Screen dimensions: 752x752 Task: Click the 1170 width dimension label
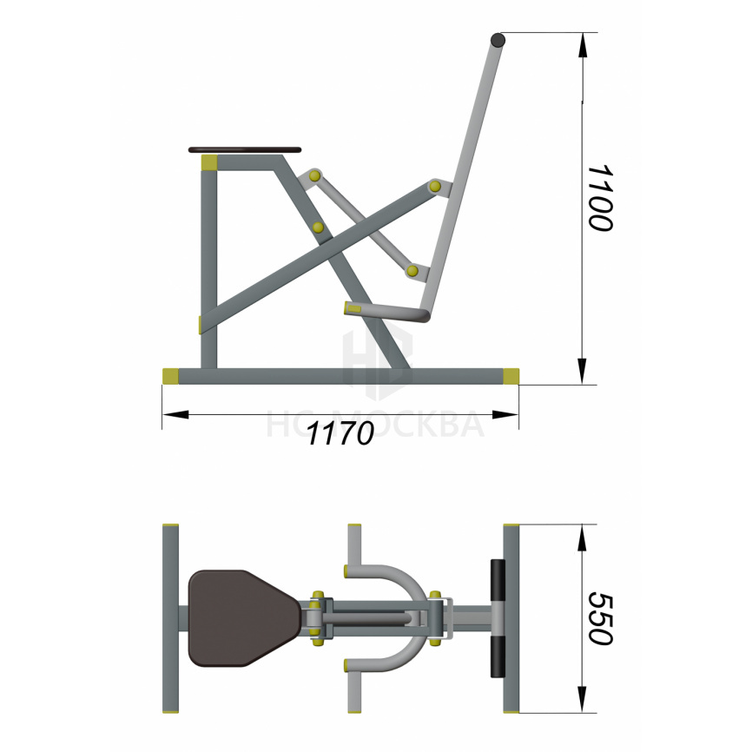[340, 433]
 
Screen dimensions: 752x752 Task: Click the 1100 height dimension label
[600, 198]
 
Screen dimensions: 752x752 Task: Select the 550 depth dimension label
[600, 618]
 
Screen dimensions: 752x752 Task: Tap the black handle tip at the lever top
[498, 39]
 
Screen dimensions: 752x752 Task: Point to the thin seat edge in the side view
[245, 150]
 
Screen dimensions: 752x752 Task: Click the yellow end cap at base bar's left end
[170, 376]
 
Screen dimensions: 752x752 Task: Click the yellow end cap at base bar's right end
[511, 376]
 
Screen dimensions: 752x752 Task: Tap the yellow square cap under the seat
[209, 162]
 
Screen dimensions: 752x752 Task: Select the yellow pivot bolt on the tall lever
[435, 186]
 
